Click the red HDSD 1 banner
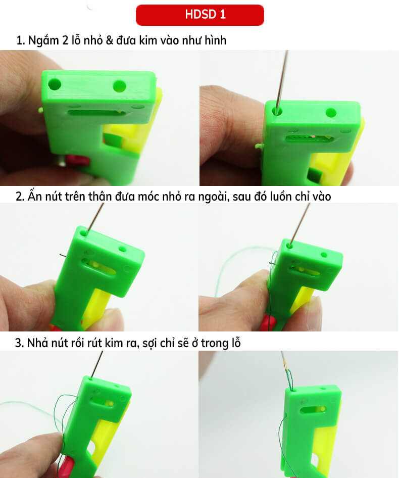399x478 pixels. tap(199, 15)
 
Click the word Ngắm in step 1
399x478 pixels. tap(43, 41)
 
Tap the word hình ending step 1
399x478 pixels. tap(214, 41)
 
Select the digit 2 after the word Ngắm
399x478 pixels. tap(66, 41)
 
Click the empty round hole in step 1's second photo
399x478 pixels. tap(331, 112)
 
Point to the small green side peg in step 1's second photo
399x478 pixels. tap(259, 146)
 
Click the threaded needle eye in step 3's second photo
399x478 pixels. tap(288, 376)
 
